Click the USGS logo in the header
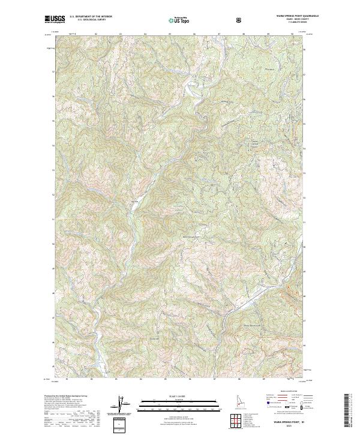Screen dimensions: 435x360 55,20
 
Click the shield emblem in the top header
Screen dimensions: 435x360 240,20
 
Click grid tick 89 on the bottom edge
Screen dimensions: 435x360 268,379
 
